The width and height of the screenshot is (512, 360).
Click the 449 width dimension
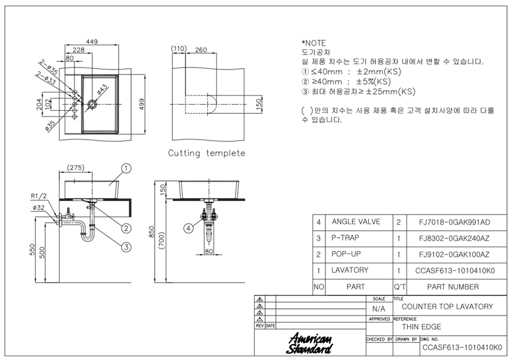92,41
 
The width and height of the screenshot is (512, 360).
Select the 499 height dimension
141,104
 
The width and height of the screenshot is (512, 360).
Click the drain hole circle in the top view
92,104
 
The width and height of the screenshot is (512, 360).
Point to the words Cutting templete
207,153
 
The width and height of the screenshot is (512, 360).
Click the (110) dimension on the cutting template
179,49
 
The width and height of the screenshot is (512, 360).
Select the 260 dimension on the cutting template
201,49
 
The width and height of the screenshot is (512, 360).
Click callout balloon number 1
126,168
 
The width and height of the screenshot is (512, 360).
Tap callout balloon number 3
126,247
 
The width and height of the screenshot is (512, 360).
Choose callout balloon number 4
188,228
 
